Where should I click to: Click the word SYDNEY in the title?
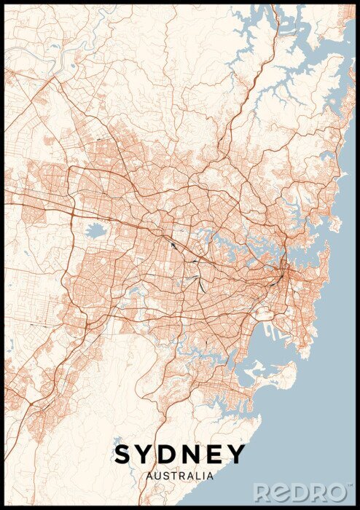click(179, 455)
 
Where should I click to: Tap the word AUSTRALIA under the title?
click(179, 476)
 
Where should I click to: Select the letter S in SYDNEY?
click(123, 455)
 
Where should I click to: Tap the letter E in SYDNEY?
click(213, 455)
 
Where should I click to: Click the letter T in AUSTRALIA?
click(172, 476)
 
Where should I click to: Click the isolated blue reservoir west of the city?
click(95, 232)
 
